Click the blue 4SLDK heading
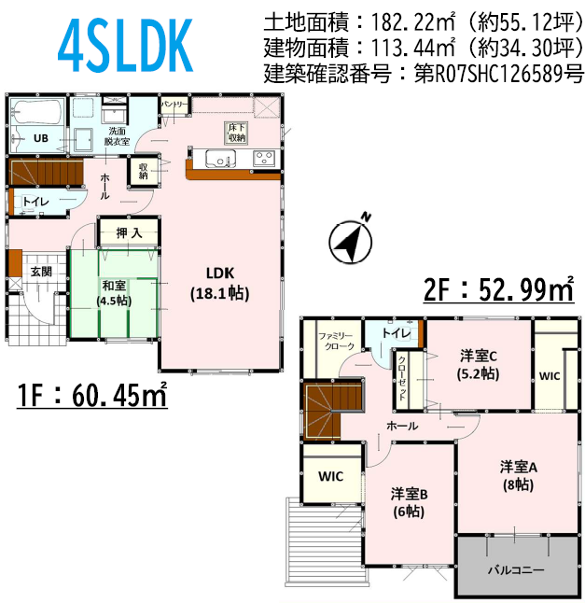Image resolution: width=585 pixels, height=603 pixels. tap(125, 46)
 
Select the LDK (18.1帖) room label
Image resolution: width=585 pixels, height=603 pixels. tap(220, 284)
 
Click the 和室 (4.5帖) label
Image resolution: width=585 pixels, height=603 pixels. tap(114, 293)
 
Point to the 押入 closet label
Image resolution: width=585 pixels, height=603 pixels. tap(129, 232)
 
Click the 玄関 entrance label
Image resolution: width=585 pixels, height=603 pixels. tap(41, 272)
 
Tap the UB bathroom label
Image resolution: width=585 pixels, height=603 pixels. tap(41, 138)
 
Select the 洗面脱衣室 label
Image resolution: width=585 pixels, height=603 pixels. tap(117, 136)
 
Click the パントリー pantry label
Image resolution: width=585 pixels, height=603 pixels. tap(174, 105)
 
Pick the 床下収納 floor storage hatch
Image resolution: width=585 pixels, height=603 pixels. tap(236, 133)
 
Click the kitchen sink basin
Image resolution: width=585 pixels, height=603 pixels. tap(220, 158)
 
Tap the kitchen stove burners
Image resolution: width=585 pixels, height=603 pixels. tap(264, 158)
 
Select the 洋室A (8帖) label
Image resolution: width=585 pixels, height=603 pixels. tap(518, 476)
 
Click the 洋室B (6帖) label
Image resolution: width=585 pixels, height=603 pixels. tap(409, 503)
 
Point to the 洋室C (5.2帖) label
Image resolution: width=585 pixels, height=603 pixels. tap(479, 365)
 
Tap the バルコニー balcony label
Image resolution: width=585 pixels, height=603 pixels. tap(516, 569)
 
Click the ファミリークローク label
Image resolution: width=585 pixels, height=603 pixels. tap(335, 341)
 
